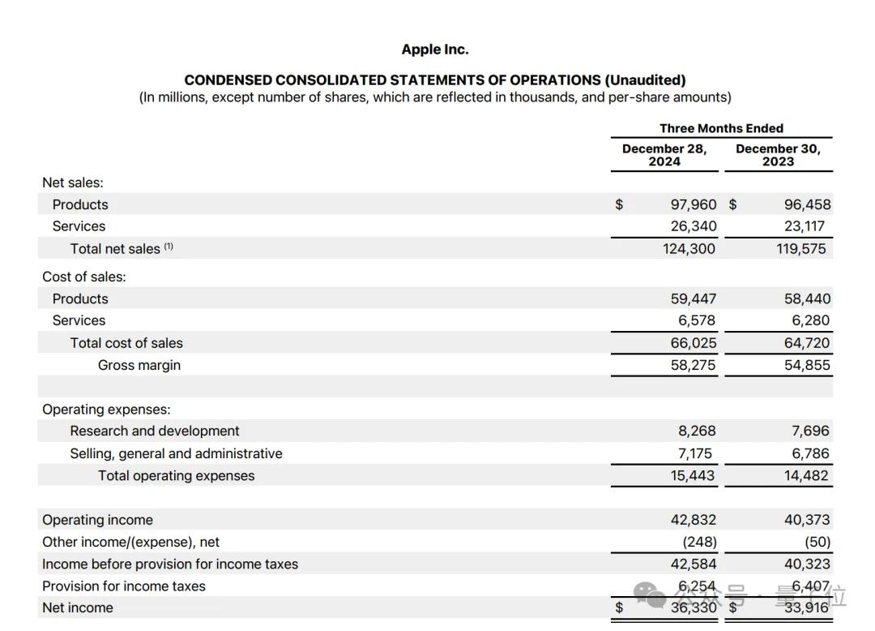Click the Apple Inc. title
tap(435, 49)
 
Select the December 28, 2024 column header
tap(664, 155)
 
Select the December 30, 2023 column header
tap(778, 155)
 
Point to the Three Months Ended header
tap(721, 128)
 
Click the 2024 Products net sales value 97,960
tap(694, 204)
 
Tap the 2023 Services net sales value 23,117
tap(807, 226)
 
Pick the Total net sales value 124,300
tap(689, 249)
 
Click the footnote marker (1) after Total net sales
tap(169, 247)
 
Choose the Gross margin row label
tap(139, 365)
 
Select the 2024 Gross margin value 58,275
tap(694, 365)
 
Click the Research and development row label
tap(155, 431)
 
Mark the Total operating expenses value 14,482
tap(807, 476)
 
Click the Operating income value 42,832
tap(694, 520)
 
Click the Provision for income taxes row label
tap(124, 586)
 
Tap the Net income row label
tap(78, 607)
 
